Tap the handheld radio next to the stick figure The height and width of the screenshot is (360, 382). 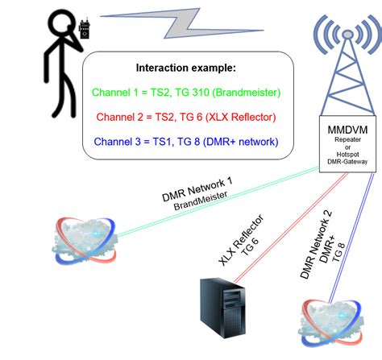coord(84,29)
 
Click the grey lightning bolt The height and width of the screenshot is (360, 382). coord(182,23)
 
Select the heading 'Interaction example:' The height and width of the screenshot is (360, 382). coord(186,68)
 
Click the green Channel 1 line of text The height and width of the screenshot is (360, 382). coord(186,93)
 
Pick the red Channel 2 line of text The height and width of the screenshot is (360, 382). coord(186,117)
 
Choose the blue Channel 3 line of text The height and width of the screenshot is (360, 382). coord(186,142)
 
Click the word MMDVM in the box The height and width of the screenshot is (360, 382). coord(347,130)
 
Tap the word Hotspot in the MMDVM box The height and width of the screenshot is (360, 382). coord(347,155)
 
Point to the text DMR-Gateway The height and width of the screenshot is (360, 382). coord(347,162)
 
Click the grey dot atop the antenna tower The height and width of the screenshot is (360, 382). coord(347,34)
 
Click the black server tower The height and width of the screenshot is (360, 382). coord(222,308)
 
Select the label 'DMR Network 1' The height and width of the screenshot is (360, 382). coord(197,189)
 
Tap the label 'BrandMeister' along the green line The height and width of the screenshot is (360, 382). coord(201,201)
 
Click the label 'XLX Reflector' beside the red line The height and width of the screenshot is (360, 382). coord(241,240)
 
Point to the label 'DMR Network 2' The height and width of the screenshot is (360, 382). coord(316,244)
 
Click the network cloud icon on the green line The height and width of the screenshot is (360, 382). coord(85,241)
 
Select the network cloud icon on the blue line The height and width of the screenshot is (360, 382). coord(330,323)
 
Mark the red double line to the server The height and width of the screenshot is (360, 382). coord(291,227)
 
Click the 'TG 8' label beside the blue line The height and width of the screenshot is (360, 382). coord(338,253)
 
